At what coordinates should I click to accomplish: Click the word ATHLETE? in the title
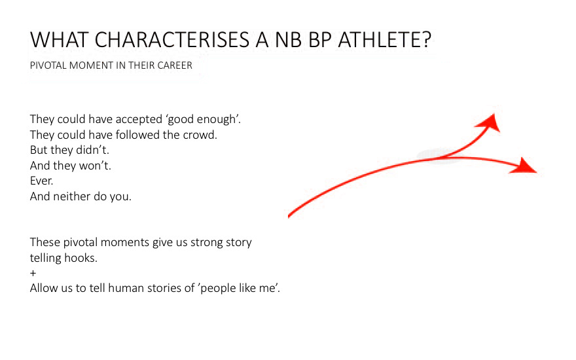coord(385,40)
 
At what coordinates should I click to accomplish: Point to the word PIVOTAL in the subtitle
coord(48,65)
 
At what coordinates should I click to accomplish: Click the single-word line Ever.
coord(41,181)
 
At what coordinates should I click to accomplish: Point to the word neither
coord(70,196)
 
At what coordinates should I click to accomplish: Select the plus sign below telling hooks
coord(33,274)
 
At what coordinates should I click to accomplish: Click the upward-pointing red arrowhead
coord(490,122)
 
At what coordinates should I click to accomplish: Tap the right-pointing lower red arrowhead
coord(524,166)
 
